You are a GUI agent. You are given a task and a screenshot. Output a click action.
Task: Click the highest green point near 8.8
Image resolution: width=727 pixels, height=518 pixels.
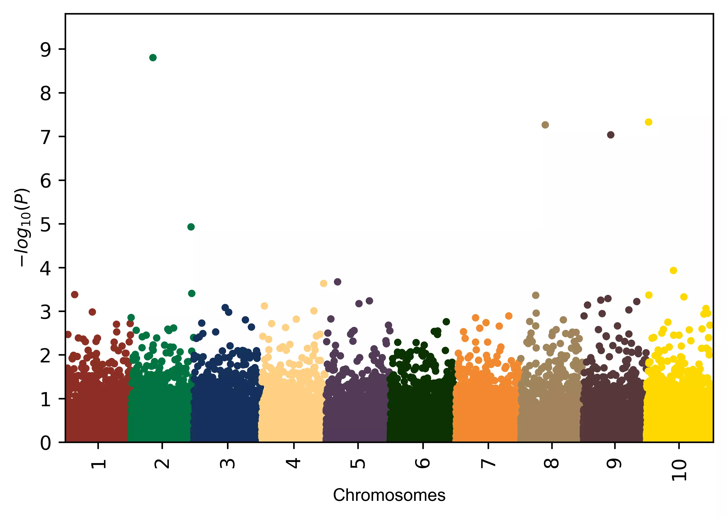pyautogui.click(x=153, y=58)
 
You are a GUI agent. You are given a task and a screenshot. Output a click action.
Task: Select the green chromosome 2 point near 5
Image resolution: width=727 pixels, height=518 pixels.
pyautogui.click(x=191, y=227)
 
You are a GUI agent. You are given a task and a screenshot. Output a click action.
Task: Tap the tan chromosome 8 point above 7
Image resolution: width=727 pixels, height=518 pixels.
pyautogui.click(x=545, y=125)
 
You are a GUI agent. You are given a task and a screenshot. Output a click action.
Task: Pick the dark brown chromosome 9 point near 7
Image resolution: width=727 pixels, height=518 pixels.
pyautogui.click(x=611, y=135)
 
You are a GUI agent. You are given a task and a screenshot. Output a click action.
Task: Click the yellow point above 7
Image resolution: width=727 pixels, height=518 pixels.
pyautogui.click(x=648, y=122)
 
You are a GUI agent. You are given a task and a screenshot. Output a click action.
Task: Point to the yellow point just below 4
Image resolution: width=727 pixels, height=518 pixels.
pyautogui.click(x=673, y=271)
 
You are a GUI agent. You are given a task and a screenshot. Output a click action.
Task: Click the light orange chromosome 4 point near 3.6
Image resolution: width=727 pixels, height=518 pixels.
pyautogui.click(x=324, y=284)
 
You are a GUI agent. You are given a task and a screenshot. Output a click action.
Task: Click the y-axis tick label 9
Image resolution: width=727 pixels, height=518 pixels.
pyautogui.click(x=46, y=50)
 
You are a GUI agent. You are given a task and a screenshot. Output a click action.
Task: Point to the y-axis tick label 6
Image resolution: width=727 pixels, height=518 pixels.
pyautogui.click(x=46, y=181)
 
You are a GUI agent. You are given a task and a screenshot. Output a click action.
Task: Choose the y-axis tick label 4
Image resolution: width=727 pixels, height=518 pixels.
pyautogui.click(x=46, y=269)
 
